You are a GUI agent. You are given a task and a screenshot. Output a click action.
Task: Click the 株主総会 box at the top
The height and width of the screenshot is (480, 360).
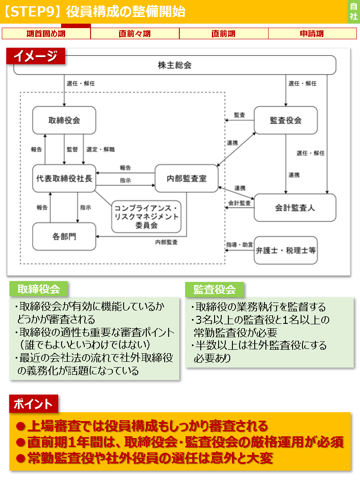(174, 65)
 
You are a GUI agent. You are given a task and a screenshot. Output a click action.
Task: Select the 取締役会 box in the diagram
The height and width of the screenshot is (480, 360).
(64, 120)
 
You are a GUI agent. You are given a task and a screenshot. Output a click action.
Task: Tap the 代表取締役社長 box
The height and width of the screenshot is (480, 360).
(64, 178)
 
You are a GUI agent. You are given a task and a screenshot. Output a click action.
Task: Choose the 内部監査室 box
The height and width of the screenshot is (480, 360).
(186, 178)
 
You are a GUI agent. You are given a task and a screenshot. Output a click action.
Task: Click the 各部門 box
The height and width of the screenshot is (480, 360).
(64, 236)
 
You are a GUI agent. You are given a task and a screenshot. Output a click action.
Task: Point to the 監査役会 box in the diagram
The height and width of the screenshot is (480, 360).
(286, 120)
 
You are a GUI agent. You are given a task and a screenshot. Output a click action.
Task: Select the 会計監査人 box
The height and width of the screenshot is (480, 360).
(294, 208)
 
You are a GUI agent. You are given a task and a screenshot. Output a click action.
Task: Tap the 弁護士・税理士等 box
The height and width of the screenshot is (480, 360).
(286, 250)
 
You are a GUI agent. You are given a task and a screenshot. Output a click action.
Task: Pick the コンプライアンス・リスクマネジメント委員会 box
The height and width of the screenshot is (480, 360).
(146, 216)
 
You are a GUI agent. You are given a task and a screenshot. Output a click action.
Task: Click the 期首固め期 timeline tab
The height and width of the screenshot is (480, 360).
(46, 33)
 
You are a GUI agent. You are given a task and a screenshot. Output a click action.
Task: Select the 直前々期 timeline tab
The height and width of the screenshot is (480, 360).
(135, 33)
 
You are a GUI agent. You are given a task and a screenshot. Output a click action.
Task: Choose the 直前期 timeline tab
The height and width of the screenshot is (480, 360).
(223, 33)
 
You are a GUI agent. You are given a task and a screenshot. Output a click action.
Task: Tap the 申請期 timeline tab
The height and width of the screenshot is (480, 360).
(312, 33)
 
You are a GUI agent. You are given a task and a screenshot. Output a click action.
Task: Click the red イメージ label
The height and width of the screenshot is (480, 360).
(36, 56)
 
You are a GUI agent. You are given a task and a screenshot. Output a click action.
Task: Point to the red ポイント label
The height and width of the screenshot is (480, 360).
(33, 404)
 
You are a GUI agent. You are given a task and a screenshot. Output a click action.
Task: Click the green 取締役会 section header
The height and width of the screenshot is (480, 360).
(38, 289)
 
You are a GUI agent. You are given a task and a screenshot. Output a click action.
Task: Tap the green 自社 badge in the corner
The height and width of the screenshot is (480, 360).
(354, 12)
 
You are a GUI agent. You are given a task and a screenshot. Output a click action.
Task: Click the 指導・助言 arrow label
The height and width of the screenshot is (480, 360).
(240, 245)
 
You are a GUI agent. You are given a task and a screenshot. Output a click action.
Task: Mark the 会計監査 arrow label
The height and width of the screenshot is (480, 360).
(240, 203)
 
